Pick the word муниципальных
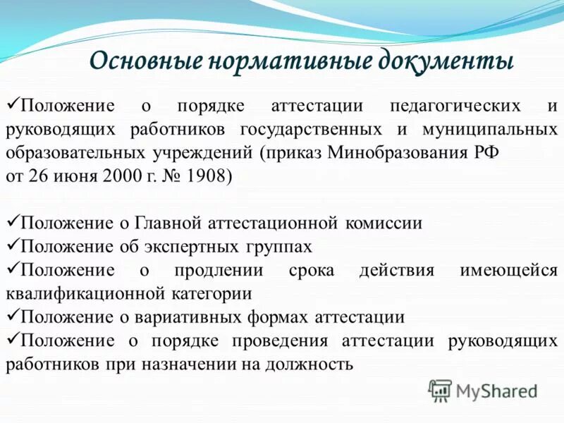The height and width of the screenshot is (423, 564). click(x=490, y=130)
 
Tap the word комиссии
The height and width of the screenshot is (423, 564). click(x=384, y=223)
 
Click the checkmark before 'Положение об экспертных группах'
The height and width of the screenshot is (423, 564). click(x=12, y=246)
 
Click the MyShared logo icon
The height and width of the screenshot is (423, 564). click(x=440, y=389)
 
